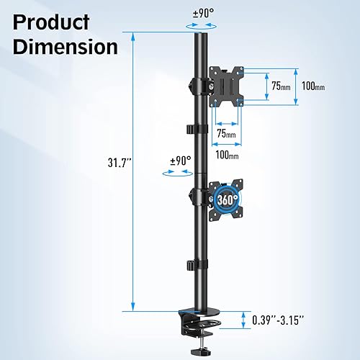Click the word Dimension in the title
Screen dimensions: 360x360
tap(65, 48)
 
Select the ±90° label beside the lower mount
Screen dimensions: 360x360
tap(179, 161)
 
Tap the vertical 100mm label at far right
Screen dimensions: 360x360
tap(313, 87)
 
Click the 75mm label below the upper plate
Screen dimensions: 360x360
tap(225, 134)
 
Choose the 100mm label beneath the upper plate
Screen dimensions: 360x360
tap(226, 154)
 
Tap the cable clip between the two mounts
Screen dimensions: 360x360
tap(196, 129)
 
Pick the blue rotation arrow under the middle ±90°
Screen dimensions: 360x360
tap(179, 172)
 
